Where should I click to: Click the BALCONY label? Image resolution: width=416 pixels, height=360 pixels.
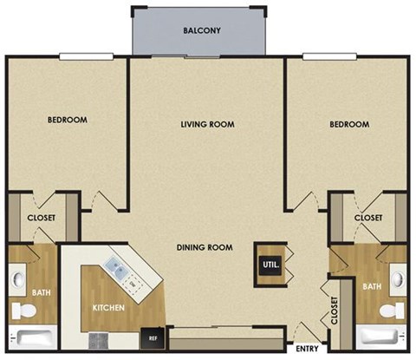tap(202, 31)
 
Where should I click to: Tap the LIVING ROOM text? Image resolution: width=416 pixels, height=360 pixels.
tap(207, 124)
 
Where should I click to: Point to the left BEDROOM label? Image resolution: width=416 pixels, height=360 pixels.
tap(67, 120)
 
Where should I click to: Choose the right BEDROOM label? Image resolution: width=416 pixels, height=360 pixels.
tap(349, 124)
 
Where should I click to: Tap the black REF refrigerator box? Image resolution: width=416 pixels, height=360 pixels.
tap(153, 337)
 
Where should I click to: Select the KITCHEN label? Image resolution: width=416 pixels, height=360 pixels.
tap(109, 308)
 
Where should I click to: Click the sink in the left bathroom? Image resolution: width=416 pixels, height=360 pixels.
tap(18, 280)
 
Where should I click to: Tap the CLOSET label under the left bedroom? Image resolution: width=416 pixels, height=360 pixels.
tap(42, 218)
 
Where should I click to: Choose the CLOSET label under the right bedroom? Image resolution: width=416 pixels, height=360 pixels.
tap(368, 218)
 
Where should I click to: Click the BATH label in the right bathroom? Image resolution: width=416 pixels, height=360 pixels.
tap(372, 286)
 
